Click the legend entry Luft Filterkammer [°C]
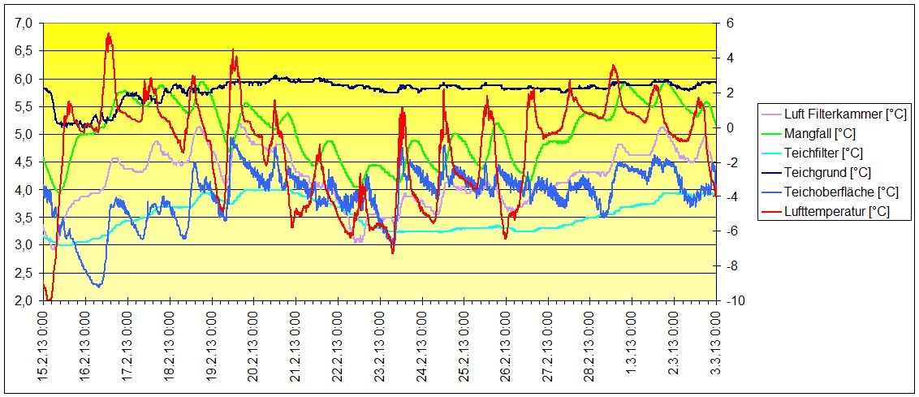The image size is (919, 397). [844, 114]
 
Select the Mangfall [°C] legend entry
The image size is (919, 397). [819, 134]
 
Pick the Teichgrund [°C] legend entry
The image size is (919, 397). [826, 172]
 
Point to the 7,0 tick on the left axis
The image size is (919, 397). [25, 24]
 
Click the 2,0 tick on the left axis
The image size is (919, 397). [25, 300]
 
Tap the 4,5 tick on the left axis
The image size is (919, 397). [25, 162]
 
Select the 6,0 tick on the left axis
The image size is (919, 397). [25, 79]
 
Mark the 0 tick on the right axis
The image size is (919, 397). [728, 127]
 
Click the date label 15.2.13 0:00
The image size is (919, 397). [44, 347]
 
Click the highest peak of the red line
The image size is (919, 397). [109, 34]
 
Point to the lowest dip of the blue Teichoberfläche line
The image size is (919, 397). [98, 286]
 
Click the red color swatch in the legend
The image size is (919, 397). [770, 211]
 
